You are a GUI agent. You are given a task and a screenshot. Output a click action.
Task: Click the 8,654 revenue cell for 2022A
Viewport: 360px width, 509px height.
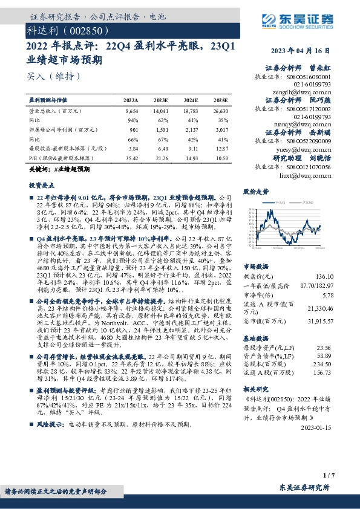click(x=131, y=112)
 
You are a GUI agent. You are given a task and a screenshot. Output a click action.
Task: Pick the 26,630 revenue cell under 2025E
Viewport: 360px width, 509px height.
click(x=220, y=112)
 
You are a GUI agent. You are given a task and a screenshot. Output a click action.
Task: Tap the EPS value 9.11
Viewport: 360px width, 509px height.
click(x=191, y=148)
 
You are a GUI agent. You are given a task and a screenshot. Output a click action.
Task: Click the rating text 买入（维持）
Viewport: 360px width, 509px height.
click(x=53, y=77)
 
